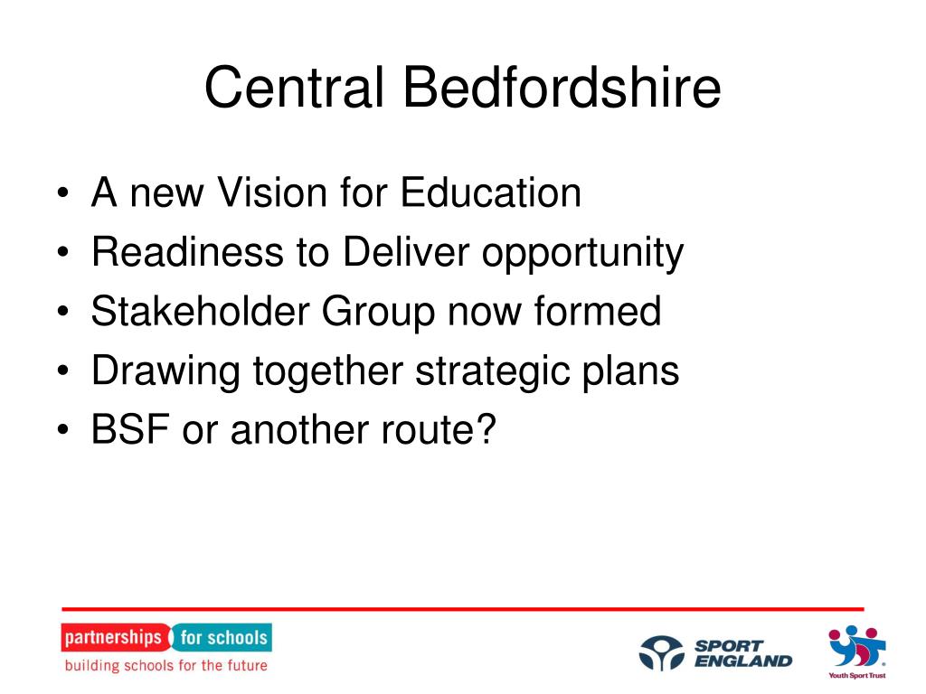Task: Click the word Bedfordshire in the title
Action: [562, 87]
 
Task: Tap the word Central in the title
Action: [295, 87]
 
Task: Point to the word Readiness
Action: [187, 252]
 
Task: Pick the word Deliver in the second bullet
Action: [406, 252]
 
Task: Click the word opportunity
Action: [583, 254]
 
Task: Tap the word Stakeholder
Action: [200, 311]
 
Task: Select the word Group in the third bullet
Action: [379, 314]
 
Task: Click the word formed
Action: [597, 311]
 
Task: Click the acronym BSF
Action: [130, 428]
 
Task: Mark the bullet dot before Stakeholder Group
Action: [63, 312]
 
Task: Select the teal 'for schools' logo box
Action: [222, 637]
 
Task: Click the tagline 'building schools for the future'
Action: [166, 665]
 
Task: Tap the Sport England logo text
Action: [743, 653]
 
